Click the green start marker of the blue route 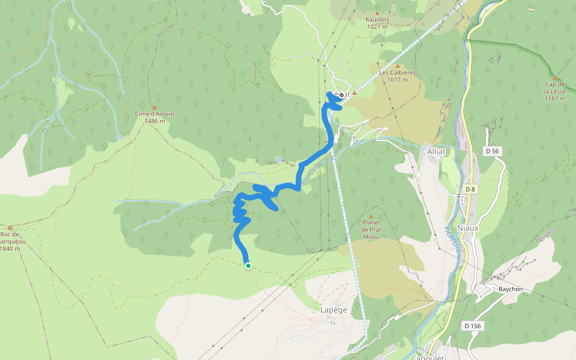(x=248, y=266)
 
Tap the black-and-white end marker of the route (x=341, y=94)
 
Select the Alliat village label (x=436, y=151)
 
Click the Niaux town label (x=468, y=227)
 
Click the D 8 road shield (x=470, y=190)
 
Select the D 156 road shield (x=472, y=326)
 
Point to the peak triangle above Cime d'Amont (x=154, y=107)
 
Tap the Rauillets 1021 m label (x=377, y=23)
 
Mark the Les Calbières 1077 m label (x=397, y=76)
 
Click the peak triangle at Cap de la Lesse (x=555, y=78)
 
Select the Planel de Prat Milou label (x=371, y=229)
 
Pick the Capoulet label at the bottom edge (x=428, y=357)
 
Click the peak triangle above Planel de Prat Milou (x=371, y=216)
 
